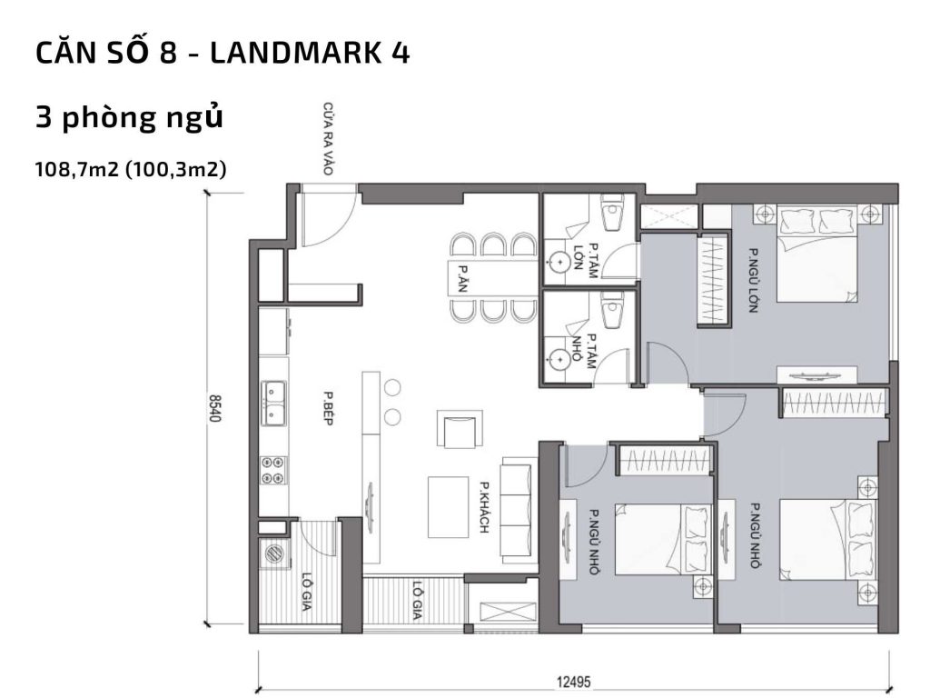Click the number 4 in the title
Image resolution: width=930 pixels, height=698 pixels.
399,53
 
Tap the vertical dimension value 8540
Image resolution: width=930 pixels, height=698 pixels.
215,408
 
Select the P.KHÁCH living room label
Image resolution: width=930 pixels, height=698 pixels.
486,506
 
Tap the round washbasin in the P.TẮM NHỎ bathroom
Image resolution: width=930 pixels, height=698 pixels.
557,355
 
